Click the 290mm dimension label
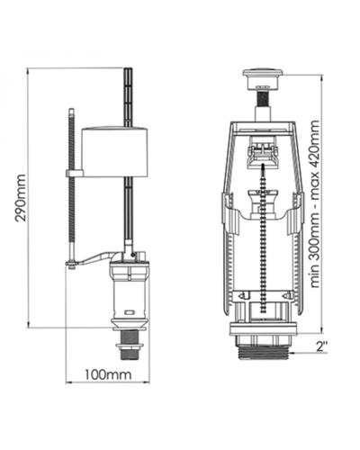[21, 198]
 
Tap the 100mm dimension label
[108, 374]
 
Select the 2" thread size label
[321, 346]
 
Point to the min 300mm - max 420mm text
[315, 204]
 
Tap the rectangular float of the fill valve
[115, 151]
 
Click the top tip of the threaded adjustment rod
[71, 109]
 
